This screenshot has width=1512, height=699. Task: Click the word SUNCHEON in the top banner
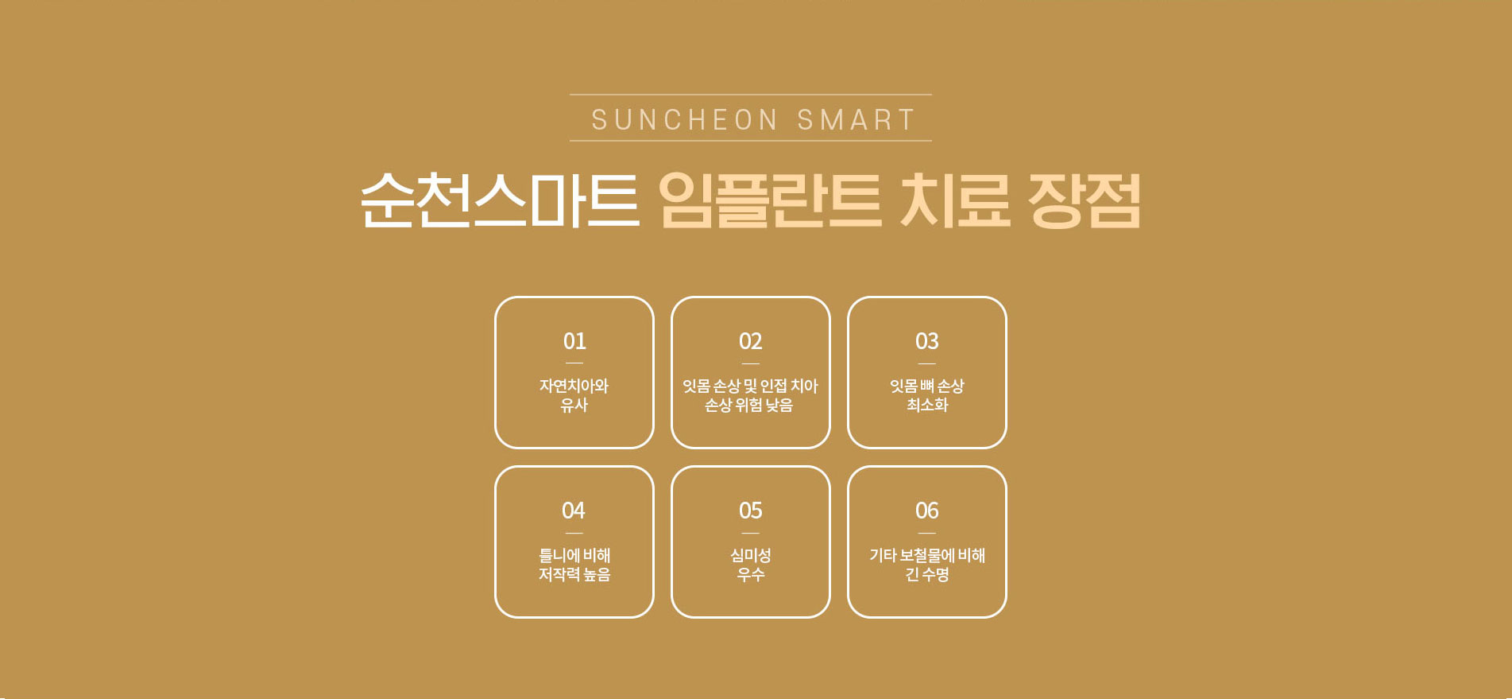pos(684,120)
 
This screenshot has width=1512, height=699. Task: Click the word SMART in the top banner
pos(857,120)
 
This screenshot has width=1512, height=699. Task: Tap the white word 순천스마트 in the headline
pos(500,200)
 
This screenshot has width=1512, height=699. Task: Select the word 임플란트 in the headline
pos(770,200)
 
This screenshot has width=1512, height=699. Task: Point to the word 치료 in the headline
pos(954,200)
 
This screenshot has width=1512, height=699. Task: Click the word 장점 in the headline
pos(1085,200)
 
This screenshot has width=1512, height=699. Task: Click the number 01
pos(574,341)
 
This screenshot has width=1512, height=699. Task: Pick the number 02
pos(751,341)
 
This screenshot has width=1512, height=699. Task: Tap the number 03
pos(927,341)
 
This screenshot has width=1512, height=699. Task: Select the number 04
pos(574,511)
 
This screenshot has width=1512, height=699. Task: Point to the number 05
pos(751,511)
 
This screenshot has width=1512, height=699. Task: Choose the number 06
pos(927,511)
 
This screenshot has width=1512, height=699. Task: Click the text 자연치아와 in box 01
pos(574,386)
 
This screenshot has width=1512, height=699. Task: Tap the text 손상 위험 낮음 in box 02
pos(749,405)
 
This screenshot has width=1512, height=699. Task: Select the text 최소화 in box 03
pos(927,405)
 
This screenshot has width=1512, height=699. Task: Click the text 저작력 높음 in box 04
pos(574,574)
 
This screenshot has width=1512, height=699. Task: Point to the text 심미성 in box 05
pos(751,555)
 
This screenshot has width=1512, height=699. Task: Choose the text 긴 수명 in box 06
pos(927,574)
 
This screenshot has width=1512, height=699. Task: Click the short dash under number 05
pos(751,533)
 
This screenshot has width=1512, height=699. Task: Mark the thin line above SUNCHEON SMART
pos(751,95)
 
